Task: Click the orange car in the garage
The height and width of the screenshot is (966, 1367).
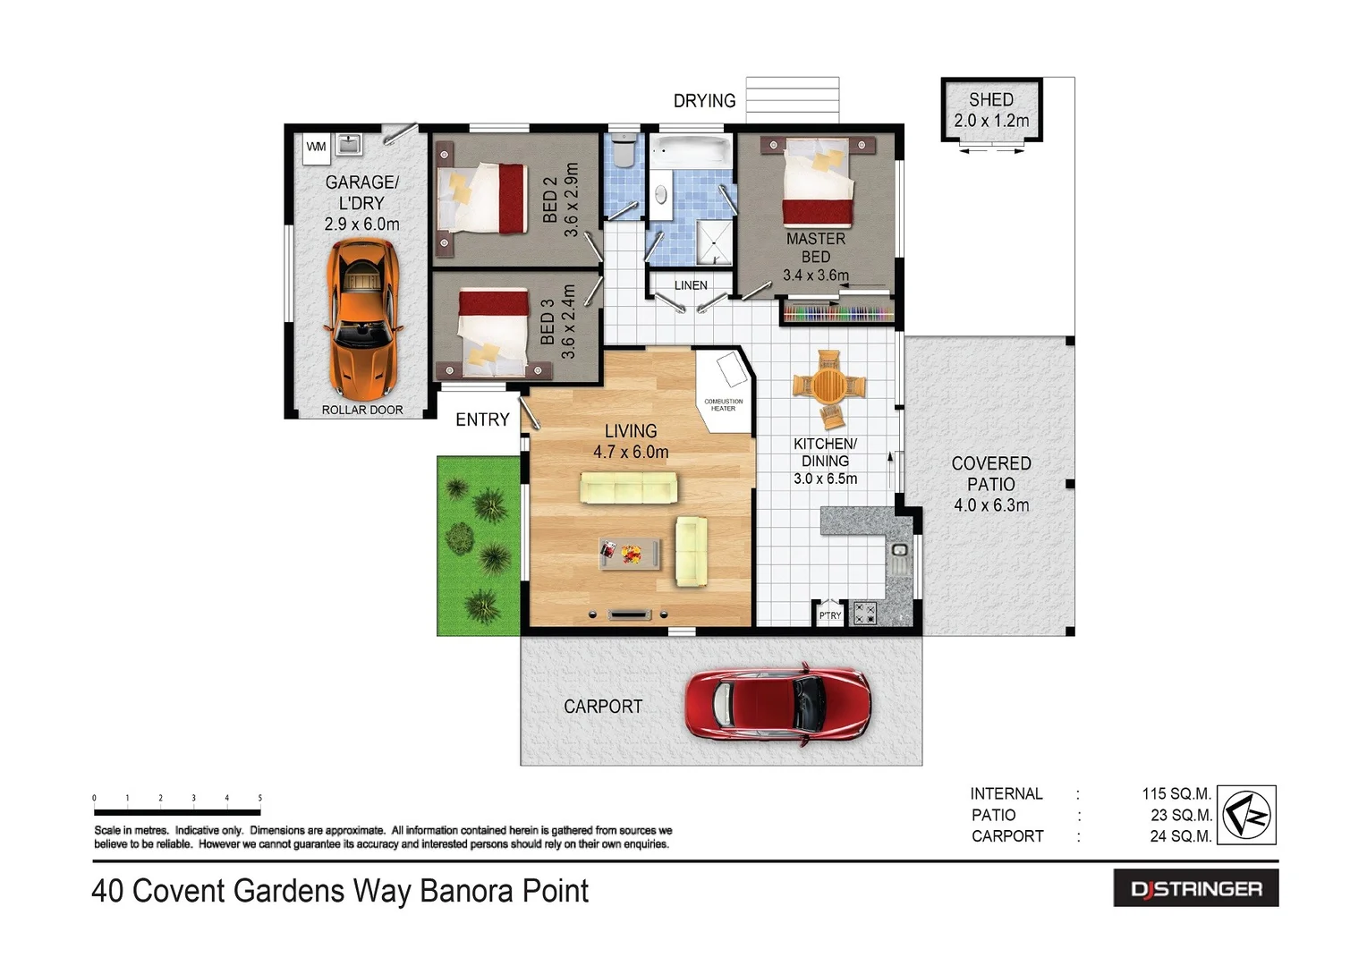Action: (363, 320)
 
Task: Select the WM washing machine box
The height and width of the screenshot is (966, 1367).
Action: (316, 148)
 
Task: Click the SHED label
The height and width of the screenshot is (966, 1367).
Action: (991, 100)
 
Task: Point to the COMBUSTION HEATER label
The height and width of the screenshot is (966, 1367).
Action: (723, 405)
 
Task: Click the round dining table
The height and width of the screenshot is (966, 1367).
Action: (828, 387)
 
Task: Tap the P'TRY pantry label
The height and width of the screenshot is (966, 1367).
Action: (830, 615)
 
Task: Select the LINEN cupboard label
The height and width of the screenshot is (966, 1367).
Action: (691, 285)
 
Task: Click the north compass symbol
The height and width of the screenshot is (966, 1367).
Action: (1247, 815)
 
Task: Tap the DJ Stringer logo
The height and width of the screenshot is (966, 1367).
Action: (1195, 889)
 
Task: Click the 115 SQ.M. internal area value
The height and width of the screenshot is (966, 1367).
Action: (1176, 793)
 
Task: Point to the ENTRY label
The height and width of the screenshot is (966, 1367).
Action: (482, 419)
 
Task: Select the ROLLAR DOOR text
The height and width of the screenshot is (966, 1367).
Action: (362, 410)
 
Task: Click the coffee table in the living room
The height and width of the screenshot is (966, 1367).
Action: (631, 554)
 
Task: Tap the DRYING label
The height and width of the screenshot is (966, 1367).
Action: (704, 101)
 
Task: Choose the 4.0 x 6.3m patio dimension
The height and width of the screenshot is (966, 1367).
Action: (991, 505)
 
